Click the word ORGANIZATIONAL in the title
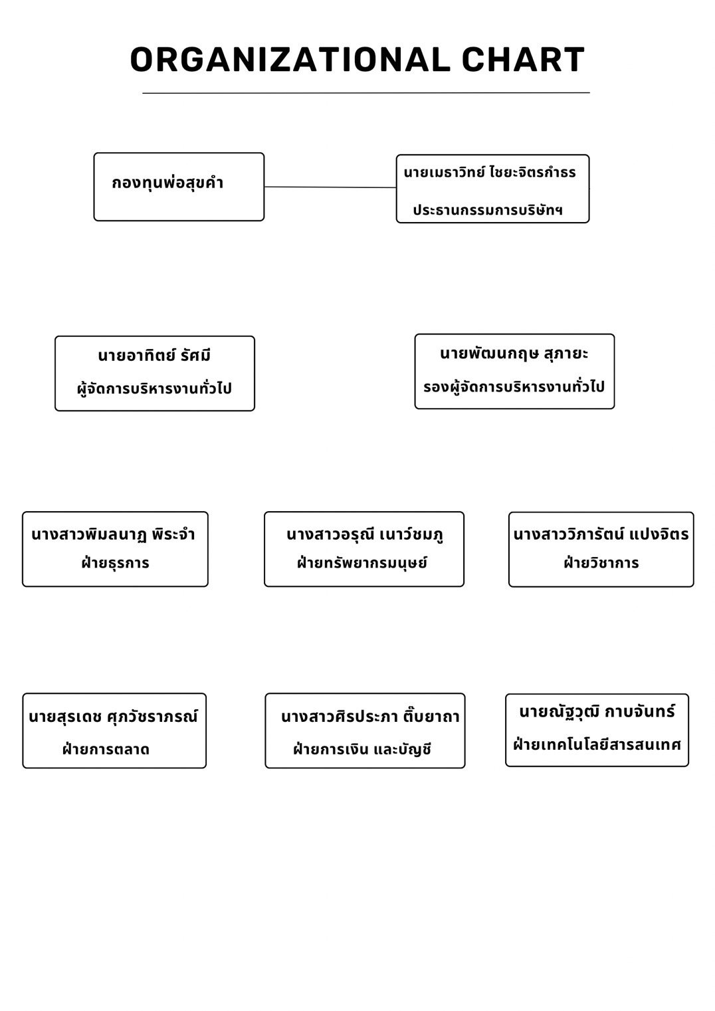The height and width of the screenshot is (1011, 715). tap(290, 60)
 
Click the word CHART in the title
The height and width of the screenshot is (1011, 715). tap(523, 60)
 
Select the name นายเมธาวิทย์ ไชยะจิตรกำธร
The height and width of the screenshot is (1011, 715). tap(490, 172)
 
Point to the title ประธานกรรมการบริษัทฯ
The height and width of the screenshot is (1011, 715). tap(488, 210)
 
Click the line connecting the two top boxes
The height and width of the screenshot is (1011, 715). tap(330, 187)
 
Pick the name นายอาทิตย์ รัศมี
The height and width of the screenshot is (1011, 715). tap(154, 355)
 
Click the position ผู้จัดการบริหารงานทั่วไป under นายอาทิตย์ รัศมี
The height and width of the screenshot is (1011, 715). tap(154, 388)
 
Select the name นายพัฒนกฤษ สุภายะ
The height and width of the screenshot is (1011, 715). tap(514, 354)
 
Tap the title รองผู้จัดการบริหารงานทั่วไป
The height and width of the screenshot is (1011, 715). tap(514, 386)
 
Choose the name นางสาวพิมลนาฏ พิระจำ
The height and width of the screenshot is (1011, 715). tap(113, 534)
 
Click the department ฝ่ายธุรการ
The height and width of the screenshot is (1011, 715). tap(115, 563)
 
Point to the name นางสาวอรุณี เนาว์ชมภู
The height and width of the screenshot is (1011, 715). tap(365, 534)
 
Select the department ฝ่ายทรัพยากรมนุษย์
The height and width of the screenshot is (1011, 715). tap(361, 563)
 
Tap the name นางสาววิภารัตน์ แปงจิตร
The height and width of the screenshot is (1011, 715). tap(601, 534)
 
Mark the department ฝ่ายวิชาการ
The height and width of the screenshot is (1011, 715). tap(601, 563)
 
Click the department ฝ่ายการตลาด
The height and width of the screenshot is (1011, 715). tap(106, 750)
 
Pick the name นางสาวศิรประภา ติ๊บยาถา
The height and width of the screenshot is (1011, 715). tap(370, 717)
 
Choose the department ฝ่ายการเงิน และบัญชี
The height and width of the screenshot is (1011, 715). tap(362, 750)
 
